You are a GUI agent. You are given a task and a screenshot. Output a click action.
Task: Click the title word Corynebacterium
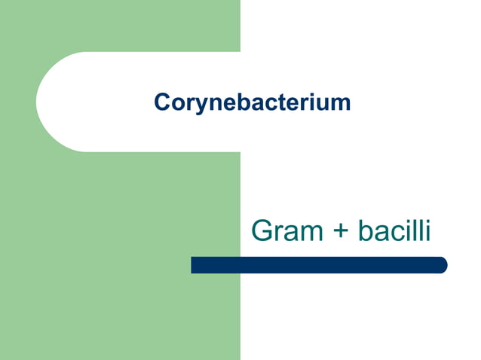pyautogui.click(x=253, y=102)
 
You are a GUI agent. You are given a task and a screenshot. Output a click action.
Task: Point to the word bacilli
pyautogui.click(x=394, y=230)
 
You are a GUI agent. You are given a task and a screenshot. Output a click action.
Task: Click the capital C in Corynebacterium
pyautogui.click(x=161, y=102)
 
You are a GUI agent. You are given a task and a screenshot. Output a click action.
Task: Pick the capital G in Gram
pyautogui.click(x=262, y=230)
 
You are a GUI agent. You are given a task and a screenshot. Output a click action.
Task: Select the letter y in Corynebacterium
pyautogui.click(x=193, y=104)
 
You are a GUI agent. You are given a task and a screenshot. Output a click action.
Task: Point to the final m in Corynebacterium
pyautogui.click(x=342, y=102)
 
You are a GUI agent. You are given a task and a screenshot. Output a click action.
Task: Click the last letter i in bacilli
pyautogui.click(x=427, y=230)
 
